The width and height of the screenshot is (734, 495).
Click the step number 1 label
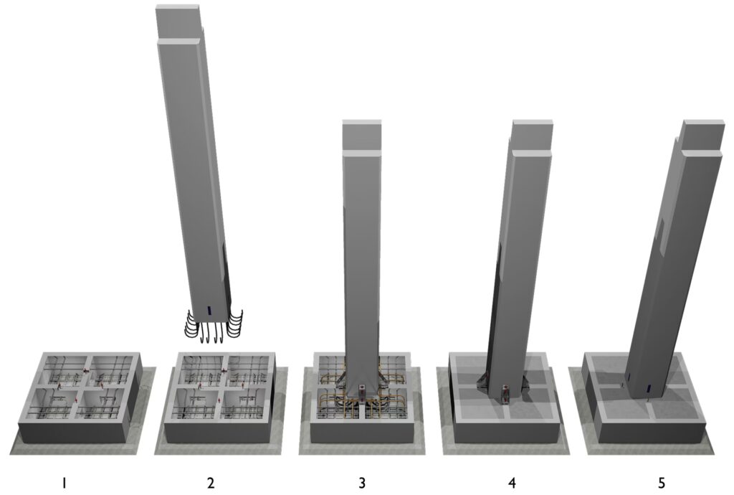[x=64, y=482]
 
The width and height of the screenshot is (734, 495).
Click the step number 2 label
[x=211, y=482]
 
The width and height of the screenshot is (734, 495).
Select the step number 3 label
[x=362, y=482]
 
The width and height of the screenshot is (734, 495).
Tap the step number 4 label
[x=512, y=482]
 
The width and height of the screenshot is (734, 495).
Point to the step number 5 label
[x=662, y=482]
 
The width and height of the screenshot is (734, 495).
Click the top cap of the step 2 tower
[x=178, y=7]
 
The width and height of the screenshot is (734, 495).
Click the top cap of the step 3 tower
[x=361, y=123]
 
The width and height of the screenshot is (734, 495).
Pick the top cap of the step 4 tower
[x=533, y=123]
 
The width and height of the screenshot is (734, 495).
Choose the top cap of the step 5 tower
[x=702, y=123]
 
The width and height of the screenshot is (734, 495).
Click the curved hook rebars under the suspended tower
[x=214, y=326]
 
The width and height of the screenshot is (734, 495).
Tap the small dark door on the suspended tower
[x=209, y=310]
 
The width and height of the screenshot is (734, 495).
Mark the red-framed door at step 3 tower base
[x=362, y=390]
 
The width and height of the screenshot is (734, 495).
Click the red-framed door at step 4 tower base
[x=505, y=391]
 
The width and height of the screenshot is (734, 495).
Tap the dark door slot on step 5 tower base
[x=649, y=387]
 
